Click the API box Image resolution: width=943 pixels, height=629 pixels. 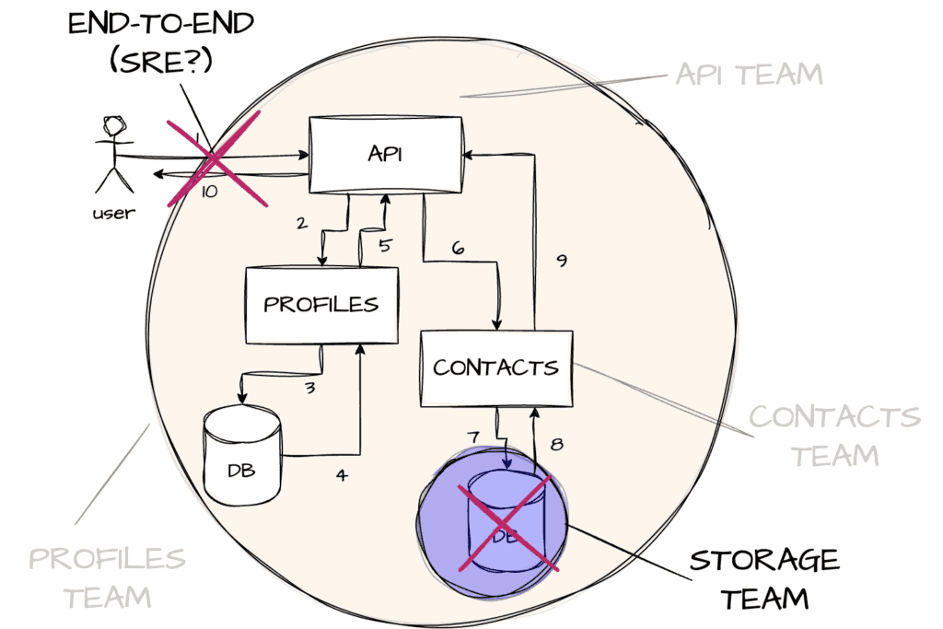click(385, 154)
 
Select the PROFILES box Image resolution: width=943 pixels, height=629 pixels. click(320, 304)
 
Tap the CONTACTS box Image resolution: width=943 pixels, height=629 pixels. click(495, 367)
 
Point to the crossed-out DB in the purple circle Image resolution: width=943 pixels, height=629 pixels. click(504, 518)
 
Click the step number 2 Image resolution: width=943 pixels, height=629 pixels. click(300, 223)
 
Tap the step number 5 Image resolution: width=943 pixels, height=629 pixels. click(385, 246)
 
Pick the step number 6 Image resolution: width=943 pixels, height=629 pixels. click(458, 249)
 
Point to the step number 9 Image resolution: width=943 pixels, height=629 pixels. click(561, 261)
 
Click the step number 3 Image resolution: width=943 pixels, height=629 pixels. click(310, 388)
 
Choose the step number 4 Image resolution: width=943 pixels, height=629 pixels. click(342, 476)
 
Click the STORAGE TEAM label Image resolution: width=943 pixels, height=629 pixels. click(764, 579)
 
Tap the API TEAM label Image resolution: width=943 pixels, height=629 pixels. click(748, 74)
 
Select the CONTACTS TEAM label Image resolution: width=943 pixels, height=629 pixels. click(834, 435)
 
